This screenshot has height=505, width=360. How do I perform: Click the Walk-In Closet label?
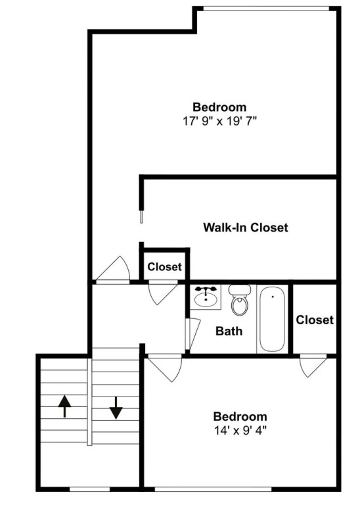pyautogui.click(x=246, y=228)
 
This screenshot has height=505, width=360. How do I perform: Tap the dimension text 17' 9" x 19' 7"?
pyautogui.click(x=219, y=122)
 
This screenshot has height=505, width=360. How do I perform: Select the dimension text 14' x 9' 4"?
pyautogui.click(x=240, y=430)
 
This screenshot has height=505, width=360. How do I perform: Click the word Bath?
pyautogui.click(x=229, y=331)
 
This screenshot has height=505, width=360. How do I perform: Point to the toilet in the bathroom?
pyautogui.click(x=240, y=300)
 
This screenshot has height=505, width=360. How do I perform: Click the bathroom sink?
pyautogui.click(x=206, y=297)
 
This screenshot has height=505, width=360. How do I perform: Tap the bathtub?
pyautogui.click(x=273, y=319)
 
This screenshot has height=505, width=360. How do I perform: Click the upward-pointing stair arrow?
pyautogui.click(x=64, y=406)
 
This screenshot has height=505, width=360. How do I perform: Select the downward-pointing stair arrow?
pyautogui.click(x=116, y=408)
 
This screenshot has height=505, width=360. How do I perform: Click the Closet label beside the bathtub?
pyautogui.click(x=315, y=320)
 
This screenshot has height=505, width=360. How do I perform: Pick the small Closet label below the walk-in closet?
pyautogui.click(x=164, y=267)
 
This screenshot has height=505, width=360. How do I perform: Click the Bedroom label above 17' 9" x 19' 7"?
pyautogui.click(x=219, y=107)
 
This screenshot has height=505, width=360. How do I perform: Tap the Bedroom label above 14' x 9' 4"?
pyautogui.click(x=240, y=416)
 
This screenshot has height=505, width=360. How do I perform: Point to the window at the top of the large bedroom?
pyautogui.click(x=266, y=9)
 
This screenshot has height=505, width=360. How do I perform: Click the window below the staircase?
pyautogui.click(x=90, y=489)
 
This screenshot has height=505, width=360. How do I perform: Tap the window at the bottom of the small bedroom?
pyautogui.click(x=214, y=489)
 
